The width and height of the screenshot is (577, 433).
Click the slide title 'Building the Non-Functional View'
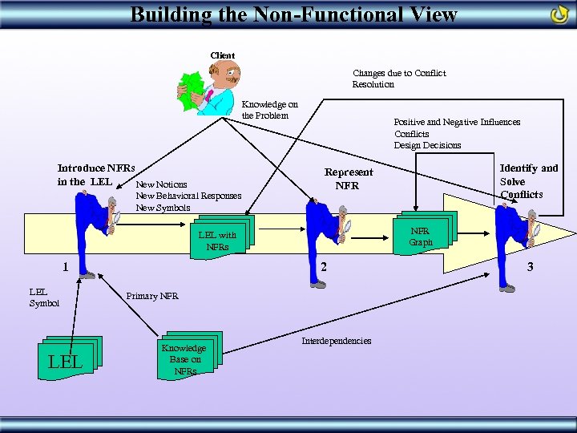pos(293,14)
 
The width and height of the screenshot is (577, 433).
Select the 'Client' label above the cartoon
pos(222,55)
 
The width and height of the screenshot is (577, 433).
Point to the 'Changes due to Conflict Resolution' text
pos(398,79)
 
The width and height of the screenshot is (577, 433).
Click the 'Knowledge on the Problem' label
pos(269,110)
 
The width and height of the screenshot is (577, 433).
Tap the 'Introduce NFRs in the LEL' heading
pos(95,175)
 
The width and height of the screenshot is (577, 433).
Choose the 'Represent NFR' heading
pos(348,179)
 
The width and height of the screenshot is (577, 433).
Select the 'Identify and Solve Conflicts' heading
pos(528,181)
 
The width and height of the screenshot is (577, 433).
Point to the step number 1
pos(66,268)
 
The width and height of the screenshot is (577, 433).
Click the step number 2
pos(322,267)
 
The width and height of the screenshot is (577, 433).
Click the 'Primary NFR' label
pos(152,297)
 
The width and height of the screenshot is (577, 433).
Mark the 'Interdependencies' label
pos(336,341)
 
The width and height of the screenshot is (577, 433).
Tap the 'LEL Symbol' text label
pos(44,297)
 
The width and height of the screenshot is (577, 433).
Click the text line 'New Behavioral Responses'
pos(188,196)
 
